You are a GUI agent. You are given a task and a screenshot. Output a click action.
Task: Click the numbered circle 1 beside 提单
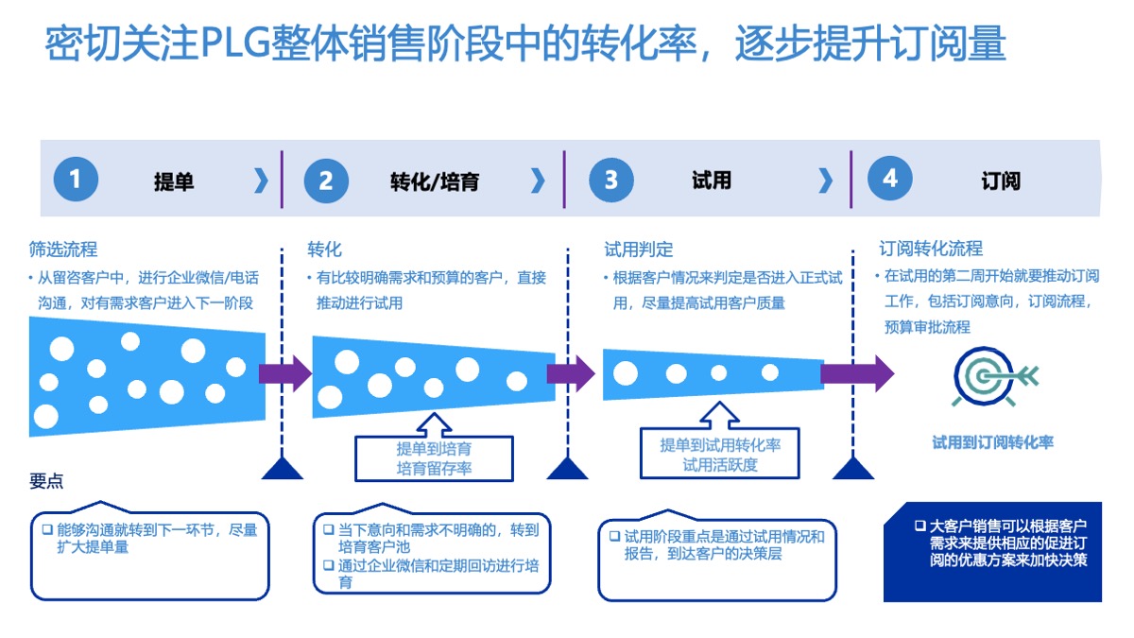(76, 180)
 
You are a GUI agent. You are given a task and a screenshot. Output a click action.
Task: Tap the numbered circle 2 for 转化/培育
(326, 180)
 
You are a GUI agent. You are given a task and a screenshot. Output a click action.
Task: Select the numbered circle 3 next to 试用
(611, 180)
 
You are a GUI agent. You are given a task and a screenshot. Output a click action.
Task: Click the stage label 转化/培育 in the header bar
(434, 181)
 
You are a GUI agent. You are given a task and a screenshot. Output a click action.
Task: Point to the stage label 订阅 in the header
(1000, 181)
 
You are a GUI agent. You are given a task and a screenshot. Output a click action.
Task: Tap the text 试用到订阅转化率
(992, 442)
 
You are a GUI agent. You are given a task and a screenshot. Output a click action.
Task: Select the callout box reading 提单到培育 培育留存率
(434, 458)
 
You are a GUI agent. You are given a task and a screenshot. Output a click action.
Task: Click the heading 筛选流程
(63, 250)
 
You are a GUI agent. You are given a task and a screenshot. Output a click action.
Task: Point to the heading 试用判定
(639, 250)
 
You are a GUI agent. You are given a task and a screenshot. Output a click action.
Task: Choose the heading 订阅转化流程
(931, 249)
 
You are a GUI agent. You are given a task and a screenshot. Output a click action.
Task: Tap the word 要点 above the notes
(46, 481)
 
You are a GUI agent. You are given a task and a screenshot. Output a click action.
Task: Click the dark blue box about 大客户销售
(992, 552)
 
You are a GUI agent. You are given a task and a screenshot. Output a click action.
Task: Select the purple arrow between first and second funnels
(286, 373)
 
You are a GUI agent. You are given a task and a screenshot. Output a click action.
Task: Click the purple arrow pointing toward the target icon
(856, 373)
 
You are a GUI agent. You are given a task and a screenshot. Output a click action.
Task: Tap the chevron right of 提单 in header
(261, 181)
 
